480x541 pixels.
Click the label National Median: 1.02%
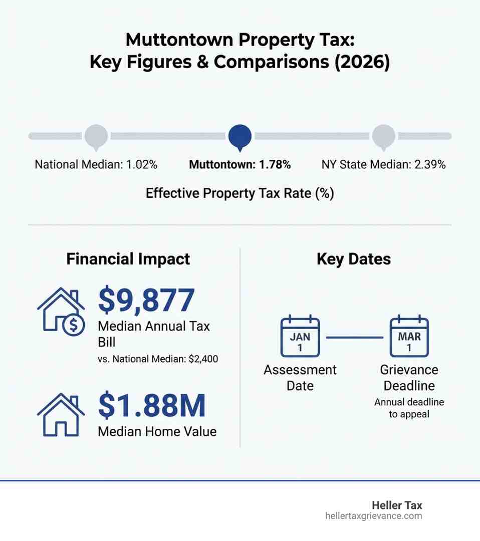96,164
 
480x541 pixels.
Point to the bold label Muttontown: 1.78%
239,164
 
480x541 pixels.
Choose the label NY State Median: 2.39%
383,164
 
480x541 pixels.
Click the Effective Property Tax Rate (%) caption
239,193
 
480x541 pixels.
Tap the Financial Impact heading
128,259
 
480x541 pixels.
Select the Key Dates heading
354,259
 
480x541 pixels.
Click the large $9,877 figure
146,300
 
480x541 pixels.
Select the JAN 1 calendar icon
300,337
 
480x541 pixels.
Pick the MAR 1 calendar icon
409,337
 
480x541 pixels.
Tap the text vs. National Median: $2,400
158,359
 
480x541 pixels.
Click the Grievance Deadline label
409,378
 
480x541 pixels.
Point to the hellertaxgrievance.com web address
373,516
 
